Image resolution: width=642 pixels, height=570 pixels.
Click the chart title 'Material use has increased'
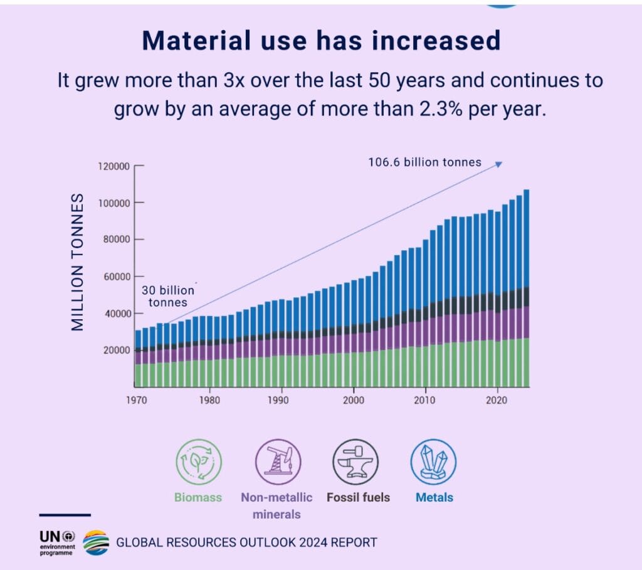point(321,41)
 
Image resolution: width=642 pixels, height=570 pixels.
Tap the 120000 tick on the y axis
point(114,166)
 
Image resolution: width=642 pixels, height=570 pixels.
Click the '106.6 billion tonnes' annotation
point(424,162)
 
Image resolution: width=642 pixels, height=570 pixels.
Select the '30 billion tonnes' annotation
point(167,297)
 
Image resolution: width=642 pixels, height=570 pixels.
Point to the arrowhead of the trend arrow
point(499,164)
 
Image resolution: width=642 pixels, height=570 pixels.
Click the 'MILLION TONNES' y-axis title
point(77,261)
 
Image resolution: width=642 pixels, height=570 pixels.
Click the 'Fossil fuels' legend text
point(358,497)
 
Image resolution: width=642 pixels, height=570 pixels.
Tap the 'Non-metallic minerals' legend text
point(276,505)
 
